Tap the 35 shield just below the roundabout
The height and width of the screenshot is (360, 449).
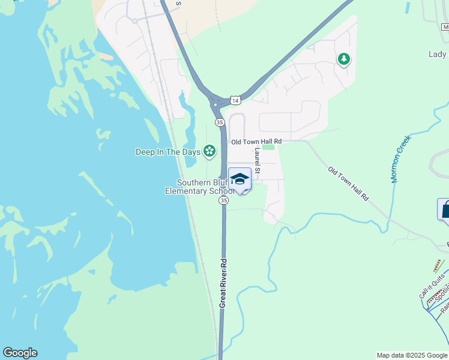(220, 122)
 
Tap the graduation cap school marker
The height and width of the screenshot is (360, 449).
(240, 179)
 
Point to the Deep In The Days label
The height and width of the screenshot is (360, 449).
(167, 152)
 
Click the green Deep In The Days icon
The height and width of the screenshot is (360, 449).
(209, 151)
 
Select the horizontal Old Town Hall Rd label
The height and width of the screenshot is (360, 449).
(256, 142)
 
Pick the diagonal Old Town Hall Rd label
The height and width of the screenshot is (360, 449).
(348, 184)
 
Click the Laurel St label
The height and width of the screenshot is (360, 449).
(257, 161)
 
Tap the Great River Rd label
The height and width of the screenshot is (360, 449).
(223, 283)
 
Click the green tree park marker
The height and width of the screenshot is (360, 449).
(344, 59)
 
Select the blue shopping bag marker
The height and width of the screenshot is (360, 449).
(445, 209)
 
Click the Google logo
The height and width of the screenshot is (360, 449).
(20, 353)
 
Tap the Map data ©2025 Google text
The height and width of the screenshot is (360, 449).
(412, 355)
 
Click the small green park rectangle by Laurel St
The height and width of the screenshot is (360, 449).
(268, 147)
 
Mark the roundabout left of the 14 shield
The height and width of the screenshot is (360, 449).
(215, 104)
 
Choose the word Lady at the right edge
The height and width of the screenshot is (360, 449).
(438, 54)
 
